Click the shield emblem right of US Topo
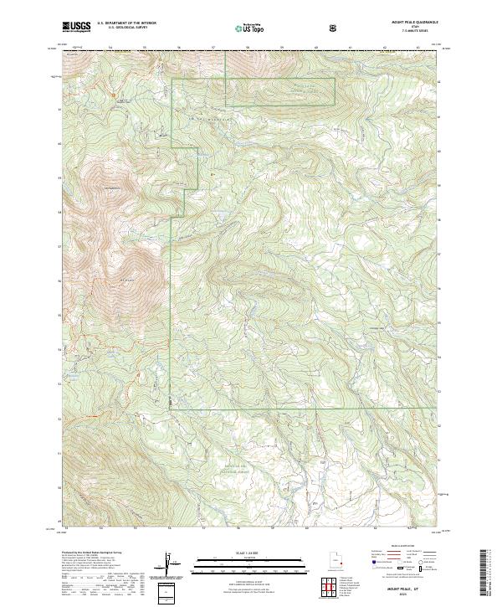[287, 28]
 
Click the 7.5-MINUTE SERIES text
[416, 33]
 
